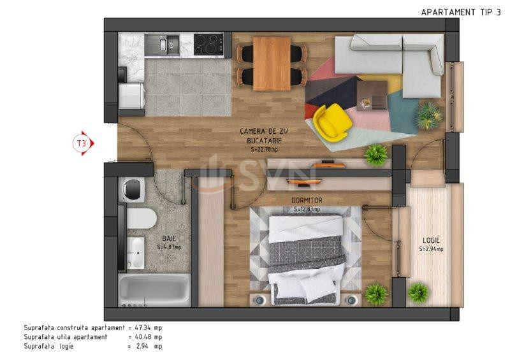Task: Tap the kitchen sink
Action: (162, 45)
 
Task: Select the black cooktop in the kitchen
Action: (208, 44)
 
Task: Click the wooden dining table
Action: (272, 64)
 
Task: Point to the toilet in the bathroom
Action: (141, 218)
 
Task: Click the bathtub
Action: (154, 290)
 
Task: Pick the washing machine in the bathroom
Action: (132, 190)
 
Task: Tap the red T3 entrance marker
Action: (84, 143)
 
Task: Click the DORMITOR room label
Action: (307, 201)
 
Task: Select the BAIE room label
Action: (169, 239)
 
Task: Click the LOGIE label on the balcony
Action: (432, 240)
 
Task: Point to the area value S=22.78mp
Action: (264, 150)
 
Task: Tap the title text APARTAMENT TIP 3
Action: (461, 12)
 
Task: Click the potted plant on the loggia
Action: (418, 292)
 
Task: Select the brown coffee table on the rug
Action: (372, 96)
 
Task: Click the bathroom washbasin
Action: (135, 253)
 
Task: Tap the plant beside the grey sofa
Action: (429, 115)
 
